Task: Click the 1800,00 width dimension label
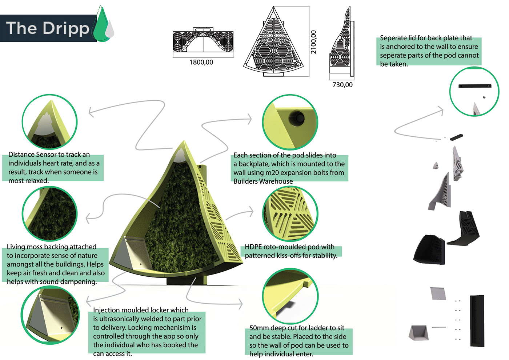[x=201, y=63]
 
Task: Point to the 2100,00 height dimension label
[x=313, y=42]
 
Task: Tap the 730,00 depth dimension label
[x=342, y=85]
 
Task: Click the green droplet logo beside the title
[x=101, y=25]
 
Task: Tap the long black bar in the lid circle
[x=474, y=86]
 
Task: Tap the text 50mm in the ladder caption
[x=259, y=328]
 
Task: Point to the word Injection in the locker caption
[x=107, y=310]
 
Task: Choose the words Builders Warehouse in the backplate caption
[x=263, y=181]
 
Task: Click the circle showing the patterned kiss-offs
[x=290, y=213]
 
